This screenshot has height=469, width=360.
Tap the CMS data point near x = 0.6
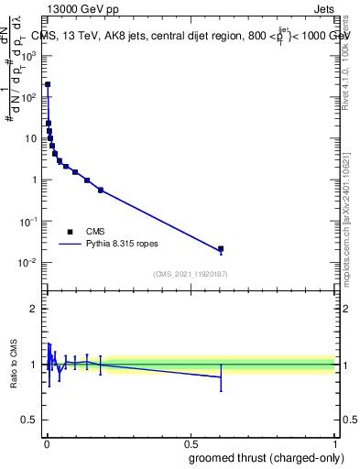coord(221,248)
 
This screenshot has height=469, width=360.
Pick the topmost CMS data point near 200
coord(48,84)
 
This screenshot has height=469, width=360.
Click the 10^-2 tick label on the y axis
coord(27,263)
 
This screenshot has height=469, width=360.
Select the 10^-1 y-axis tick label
coord(27,222)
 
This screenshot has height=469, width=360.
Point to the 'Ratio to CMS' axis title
coord(15,364)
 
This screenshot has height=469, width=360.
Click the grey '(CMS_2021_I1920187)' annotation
coord(191,273)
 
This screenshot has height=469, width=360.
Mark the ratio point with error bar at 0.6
coord(221,376)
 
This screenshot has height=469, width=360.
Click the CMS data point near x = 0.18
coord(101,190)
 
